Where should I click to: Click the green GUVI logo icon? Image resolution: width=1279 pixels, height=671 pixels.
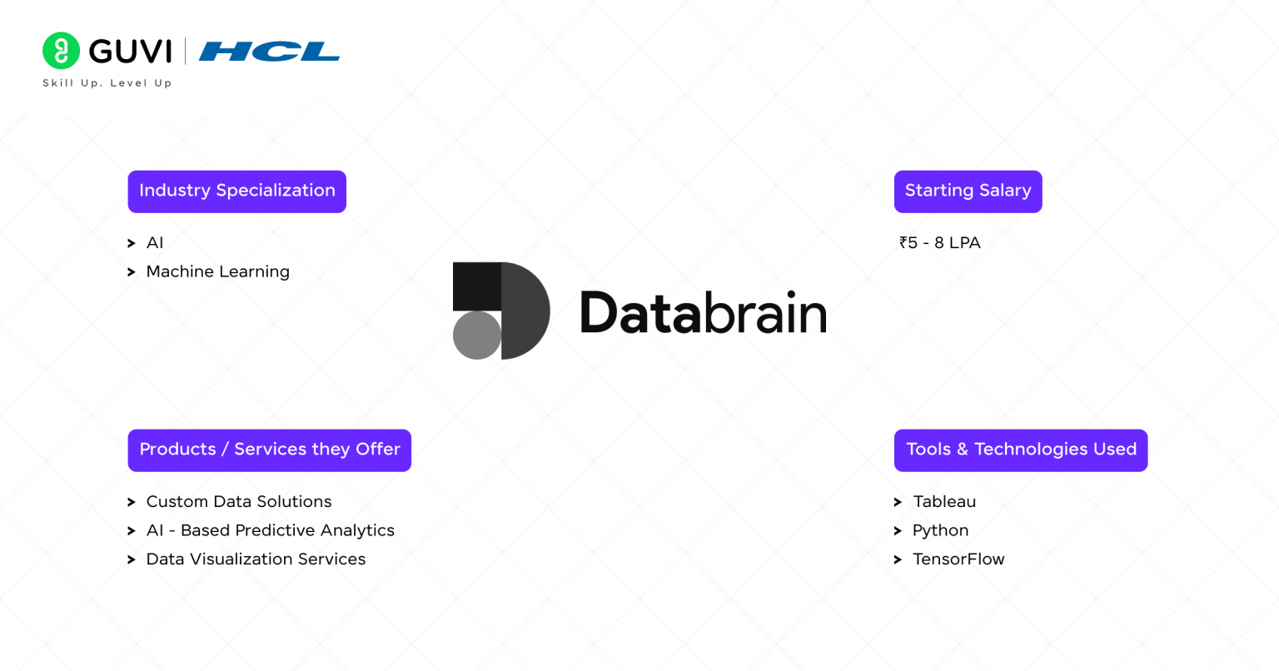coord(61,51)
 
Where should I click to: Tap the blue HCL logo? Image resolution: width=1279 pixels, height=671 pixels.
coord(269,52)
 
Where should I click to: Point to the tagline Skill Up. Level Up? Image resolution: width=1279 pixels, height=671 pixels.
coord(107,83)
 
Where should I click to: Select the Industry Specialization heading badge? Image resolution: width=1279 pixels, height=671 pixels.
coord(236,191)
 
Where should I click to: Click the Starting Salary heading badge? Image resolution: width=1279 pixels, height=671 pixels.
coord(968,191)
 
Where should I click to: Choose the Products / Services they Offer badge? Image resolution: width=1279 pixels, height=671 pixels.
coord(269,450)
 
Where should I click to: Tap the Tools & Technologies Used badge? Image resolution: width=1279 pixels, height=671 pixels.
coord(1020,450)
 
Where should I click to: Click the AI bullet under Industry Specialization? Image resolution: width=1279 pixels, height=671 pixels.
coord(155,243)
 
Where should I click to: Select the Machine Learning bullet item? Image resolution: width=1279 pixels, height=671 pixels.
coord(217,272)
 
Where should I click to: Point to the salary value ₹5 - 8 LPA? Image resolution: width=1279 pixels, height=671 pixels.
coord(940,243)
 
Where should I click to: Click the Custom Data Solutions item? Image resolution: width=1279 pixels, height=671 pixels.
coord(238,502)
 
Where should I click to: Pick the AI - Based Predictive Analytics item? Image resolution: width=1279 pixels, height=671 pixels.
coord(270,531)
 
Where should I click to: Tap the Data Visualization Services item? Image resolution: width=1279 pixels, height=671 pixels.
coord(256,559)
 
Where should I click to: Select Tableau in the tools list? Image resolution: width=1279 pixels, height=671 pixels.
coord(944,502)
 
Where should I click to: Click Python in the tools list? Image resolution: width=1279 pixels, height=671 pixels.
coord(940,531)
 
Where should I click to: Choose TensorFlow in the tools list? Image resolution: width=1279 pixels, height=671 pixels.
coord(958,559)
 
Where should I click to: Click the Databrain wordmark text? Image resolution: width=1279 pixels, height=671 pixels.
coord(703,314)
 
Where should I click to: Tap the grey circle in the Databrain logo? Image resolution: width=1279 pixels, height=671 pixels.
coord(477,335)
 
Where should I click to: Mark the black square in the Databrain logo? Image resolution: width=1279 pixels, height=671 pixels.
coord(477,286)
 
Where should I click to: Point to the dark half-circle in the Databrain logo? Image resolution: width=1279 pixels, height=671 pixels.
coord(525,311)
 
